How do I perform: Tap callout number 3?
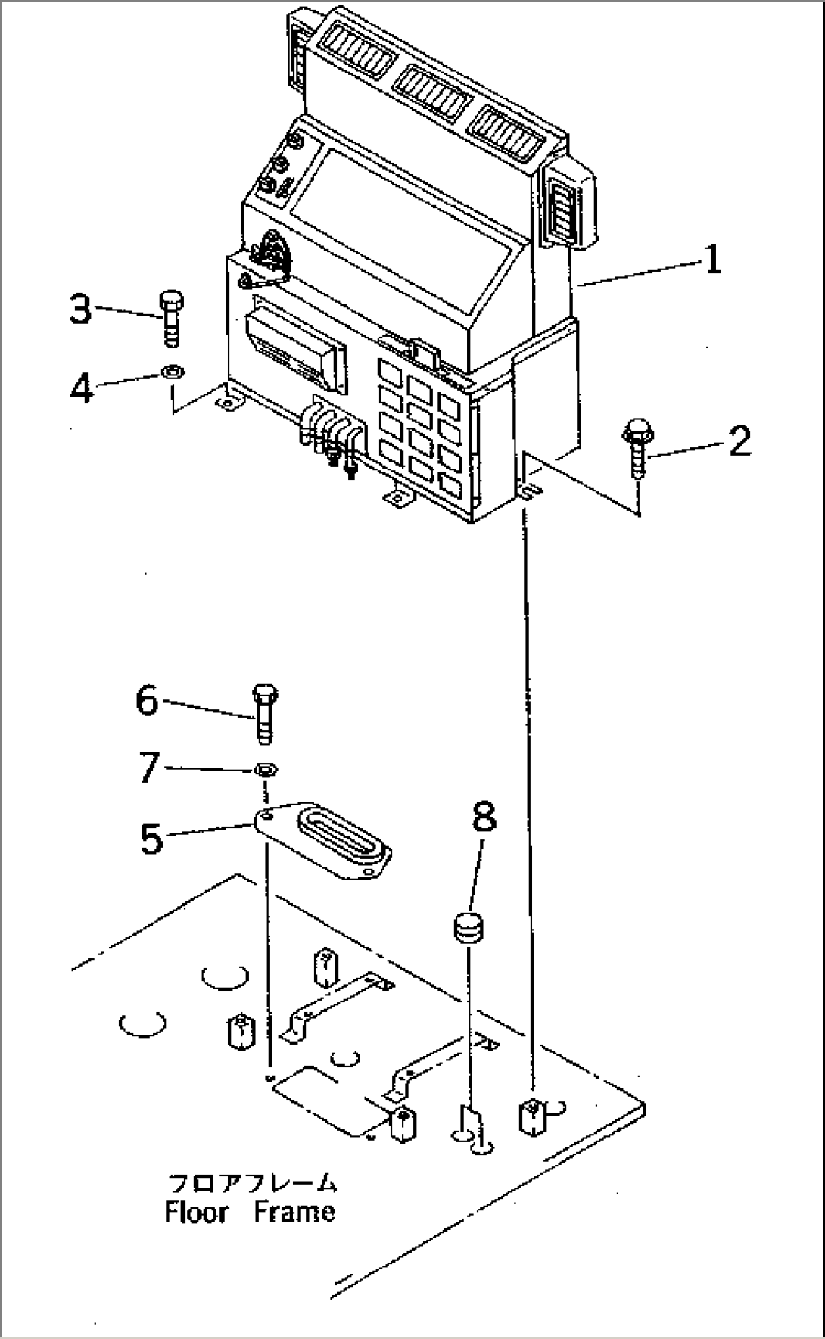(80, 310)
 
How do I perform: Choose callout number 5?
(151, 837)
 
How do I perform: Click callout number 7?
(149, 768)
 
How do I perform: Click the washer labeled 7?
(265, 770)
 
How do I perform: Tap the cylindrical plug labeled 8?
(469, 929)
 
